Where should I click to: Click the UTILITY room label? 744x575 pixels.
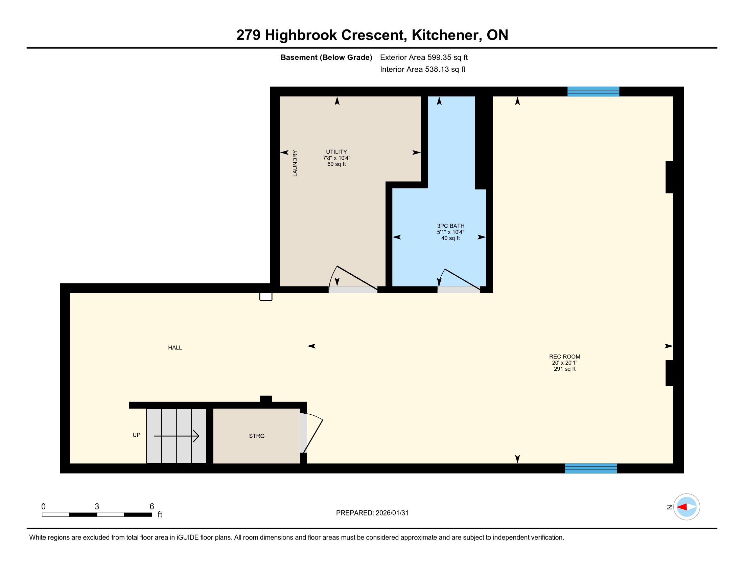(x=336, y=152)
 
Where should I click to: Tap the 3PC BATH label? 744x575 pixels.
(x=450, y=226)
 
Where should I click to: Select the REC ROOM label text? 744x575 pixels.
(x=564, y=356)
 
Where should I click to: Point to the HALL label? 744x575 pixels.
(x=175, y=348)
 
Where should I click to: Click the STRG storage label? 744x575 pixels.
(x=257, y=436)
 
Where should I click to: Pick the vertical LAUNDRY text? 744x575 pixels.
(x=295, y=163)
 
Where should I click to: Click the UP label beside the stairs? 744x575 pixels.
(x=136, y=435)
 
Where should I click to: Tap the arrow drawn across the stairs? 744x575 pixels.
(x=177, y=436)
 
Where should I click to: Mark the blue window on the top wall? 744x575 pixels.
(x=593, y=92)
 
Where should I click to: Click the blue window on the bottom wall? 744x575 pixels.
(x=591, y=468)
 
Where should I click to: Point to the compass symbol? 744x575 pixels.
(x=687, y=507)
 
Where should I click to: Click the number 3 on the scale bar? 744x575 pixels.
(x=97, y=507)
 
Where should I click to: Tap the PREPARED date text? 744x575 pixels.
(x=372, y=513)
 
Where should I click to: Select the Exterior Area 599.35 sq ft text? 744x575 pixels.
(x=424, y=57)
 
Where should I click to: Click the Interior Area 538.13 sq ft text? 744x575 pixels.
(x=422, y=69)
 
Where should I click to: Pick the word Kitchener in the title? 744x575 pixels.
(x=447, y=35)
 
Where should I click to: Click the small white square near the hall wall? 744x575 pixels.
(x=266, y=296)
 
